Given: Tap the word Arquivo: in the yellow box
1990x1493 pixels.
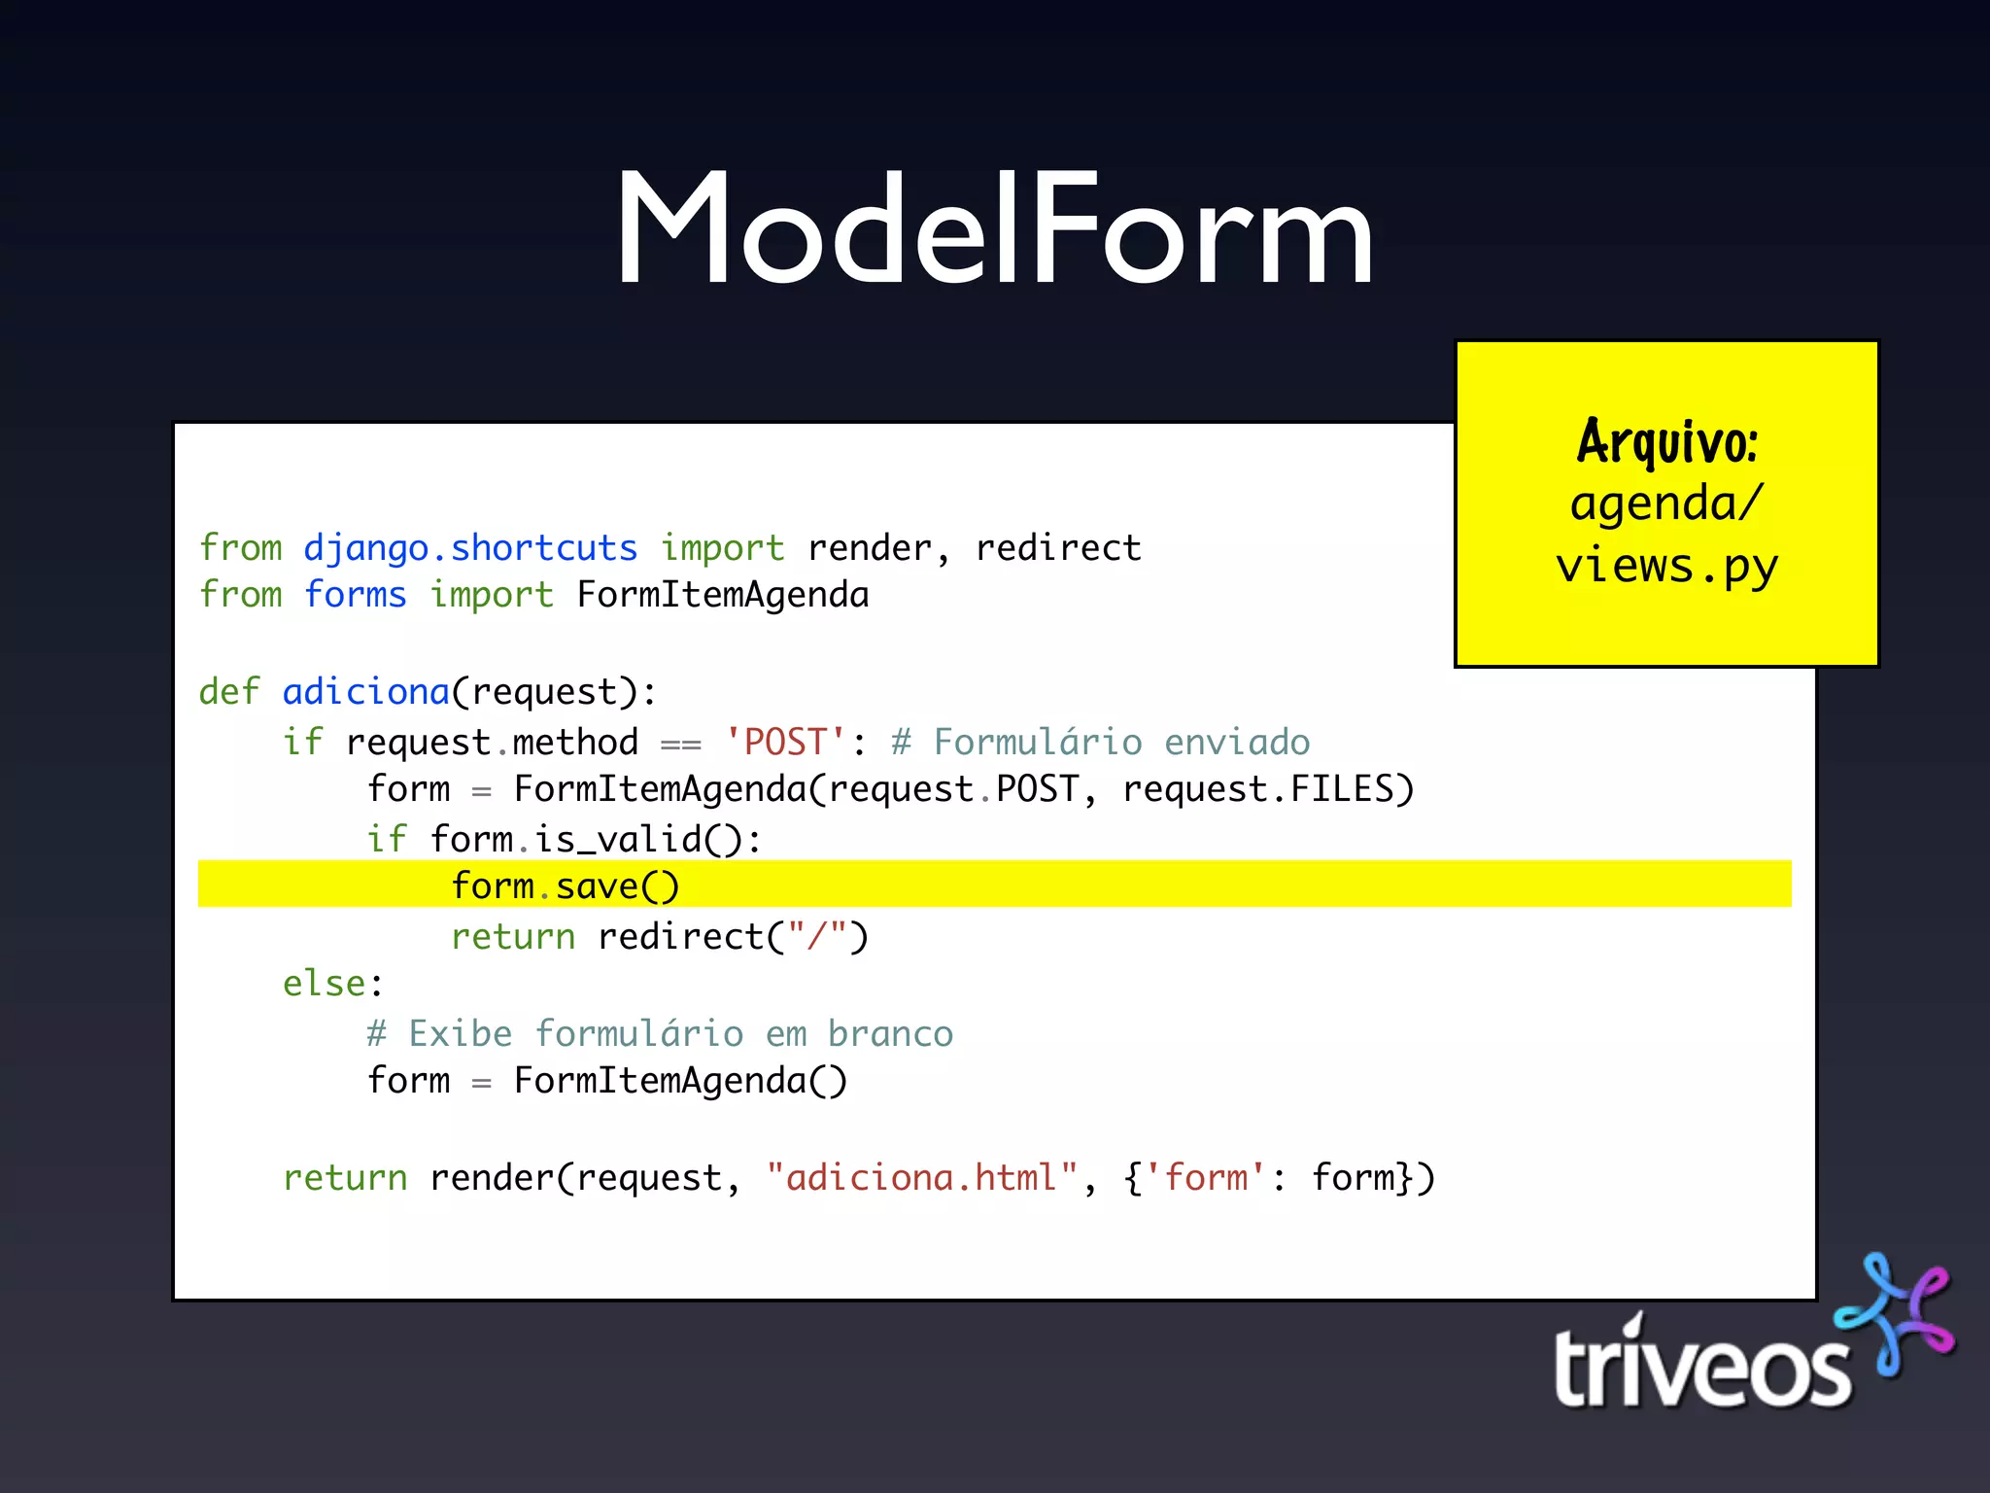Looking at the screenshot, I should coord(1666,441).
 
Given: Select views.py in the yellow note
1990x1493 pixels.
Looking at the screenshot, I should coord(1666,566).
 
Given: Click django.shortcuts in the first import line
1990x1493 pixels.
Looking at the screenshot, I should coord(470,548).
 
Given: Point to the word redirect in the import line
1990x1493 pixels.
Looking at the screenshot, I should coord(1058,548).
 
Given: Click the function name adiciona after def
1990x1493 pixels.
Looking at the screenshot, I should coord(366,692).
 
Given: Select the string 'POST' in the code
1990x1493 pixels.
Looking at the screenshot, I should coord(785,743).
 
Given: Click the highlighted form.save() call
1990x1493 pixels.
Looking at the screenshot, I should coord(565,886).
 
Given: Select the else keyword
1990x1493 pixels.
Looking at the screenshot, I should coord(325,984).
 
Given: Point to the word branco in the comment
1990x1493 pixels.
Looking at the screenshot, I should coord(890,1034).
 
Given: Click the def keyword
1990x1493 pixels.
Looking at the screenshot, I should coord(229,692).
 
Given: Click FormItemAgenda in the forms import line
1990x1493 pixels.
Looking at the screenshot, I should coord(723,595).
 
